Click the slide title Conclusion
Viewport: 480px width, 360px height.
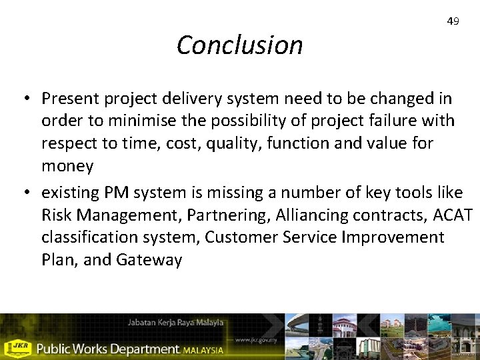point(239,45)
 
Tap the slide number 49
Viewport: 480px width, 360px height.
point(453,21)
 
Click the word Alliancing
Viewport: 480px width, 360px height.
point(313,216)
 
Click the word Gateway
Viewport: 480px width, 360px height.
point(149,260)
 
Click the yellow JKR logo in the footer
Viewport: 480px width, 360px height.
point(17,347)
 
